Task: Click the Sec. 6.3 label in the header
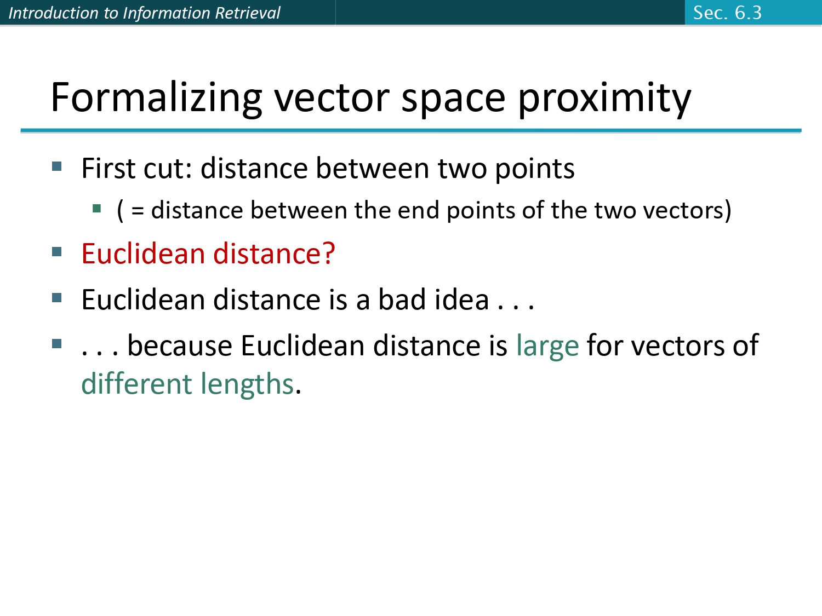point(727,13)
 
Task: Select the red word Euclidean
point(144,254)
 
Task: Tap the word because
point(180,346)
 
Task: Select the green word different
point(136,384)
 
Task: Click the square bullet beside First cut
point(57,166)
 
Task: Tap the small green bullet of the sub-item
point(97,208)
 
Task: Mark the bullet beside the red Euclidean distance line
point(57,252)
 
